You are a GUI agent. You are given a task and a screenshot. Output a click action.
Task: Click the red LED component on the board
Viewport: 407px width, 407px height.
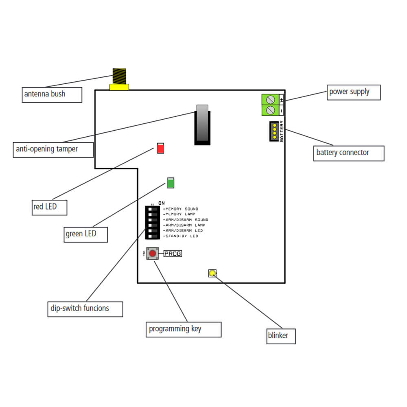point(160,148)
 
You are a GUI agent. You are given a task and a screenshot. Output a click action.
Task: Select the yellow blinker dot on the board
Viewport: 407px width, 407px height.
point(212,273)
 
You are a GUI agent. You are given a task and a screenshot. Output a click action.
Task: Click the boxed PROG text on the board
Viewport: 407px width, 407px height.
point(173,254)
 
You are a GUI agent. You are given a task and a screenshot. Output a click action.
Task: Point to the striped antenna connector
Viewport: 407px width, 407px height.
point(119,77)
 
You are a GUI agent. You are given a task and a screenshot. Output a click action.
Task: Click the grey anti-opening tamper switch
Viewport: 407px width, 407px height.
point(202,124)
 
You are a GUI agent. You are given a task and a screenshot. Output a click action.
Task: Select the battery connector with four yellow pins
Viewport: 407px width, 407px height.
point(274,131)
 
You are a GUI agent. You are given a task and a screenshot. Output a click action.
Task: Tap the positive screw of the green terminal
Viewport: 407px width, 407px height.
point(269,99)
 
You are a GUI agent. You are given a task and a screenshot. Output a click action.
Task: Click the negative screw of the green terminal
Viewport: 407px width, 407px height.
point(269,110)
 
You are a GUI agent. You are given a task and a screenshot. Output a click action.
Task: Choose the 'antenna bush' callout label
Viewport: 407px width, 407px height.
point(52,94)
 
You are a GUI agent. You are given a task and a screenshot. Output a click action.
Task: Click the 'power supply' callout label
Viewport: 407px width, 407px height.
point(354,92)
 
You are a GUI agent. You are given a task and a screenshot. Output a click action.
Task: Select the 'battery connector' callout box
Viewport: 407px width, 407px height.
point(348,153)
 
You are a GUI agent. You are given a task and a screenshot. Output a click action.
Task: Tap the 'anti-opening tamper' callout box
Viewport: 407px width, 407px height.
point(53,149)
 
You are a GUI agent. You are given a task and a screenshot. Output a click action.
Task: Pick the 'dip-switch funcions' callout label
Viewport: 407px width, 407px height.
point(85,309)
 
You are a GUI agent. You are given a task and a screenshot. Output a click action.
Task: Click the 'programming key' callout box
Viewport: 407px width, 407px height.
point(183,329)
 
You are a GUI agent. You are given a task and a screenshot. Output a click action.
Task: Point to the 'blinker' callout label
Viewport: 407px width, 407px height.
point(281,336)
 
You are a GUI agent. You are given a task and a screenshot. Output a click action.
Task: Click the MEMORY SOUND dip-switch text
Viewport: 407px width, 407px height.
point(182,209)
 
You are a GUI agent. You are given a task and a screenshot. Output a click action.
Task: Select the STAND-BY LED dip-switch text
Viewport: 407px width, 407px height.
point(182,236)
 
